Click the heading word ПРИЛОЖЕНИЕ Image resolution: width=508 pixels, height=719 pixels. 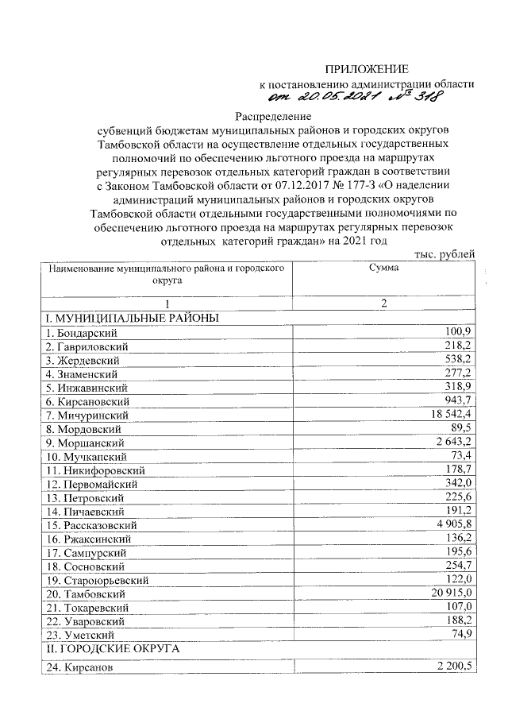pos(368,70)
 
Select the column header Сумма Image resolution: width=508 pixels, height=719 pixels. pos(383,270)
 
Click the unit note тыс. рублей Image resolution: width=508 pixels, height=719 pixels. pos(444,254)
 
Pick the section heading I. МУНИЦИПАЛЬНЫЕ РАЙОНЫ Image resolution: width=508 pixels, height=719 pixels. pos(132,318)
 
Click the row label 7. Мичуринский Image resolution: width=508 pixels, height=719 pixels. pos(89,416)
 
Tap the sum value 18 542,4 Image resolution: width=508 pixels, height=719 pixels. pos(450,415)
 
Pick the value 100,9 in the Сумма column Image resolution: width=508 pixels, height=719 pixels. pos(460,331)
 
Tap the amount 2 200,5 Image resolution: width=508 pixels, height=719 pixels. pos(453,667)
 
